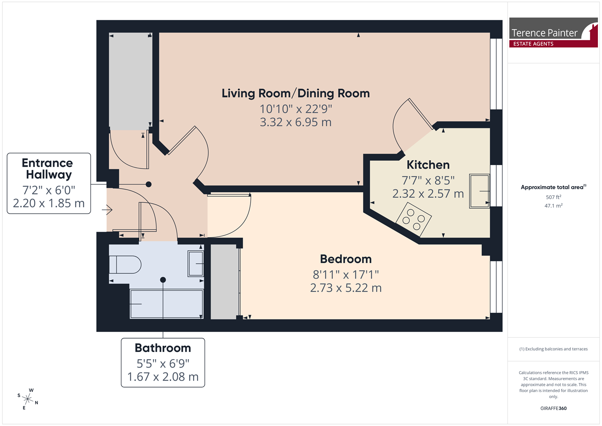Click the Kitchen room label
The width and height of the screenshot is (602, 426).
428,165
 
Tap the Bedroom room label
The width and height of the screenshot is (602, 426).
346,259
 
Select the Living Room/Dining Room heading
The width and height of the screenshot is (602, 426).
296,93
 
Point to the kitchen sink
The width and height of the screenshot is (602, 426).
479,191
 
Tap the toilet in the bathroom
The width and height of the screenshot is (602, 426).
125,265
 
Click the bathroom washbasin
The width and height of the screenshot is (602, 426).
195,264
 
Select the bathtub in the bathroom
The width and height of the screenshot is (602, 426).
167,304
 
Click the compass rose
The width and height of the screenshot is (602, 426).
28,399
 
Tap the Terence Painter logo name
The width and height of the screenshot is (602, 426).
544,33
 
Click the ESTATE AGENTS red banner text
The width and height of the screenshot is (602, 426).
533,44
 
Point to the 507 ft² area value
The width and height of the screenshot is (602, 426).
553,197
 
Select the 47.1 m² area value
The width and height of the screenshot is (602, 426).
553,206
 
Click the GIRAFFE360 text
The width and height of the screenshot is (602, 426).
553,408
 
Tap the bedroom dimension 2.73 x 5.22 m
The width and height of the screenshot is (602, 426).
346,288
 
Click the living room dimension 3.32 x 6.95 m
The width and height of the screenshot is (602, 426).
296,122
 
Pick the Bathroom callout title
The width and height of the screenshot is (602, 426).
163,348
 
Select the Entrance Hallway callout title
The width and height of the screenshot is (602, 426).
47,169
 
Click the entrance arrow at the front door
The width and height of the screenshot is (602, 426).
107,210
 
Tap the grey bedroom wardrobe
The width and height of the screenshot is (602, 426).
225,281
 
